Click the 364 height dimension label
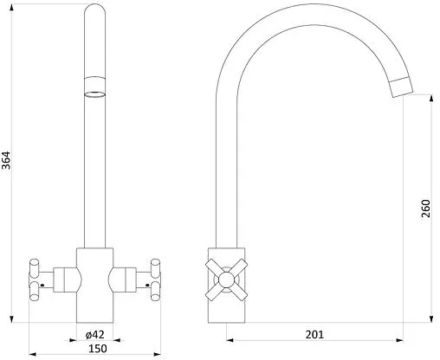pyautogui.click(x=6, y=160)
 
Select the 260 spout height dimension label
pyautogui.click(x=425, y=209)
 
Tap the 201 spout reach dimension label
pyautogui.click(x=314, y=335)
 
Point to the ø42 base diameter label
pyautogui.click(x=95, y=335)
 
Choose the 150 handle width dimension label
pyautogui.click(x=98, y=349)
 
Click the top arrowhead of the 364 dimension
pyautogui.click(x=11, y=8)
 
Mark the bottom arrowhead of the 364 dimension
pyautogui.click(x=11, y=319)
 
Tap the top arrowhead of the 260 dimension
pyautogui.click(x=431, y=98)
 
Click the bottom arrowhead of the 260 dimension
pyautogui.click(x=431, y=318)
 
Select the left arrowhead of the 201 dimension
pyautogui.click(x=230, y=340)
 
